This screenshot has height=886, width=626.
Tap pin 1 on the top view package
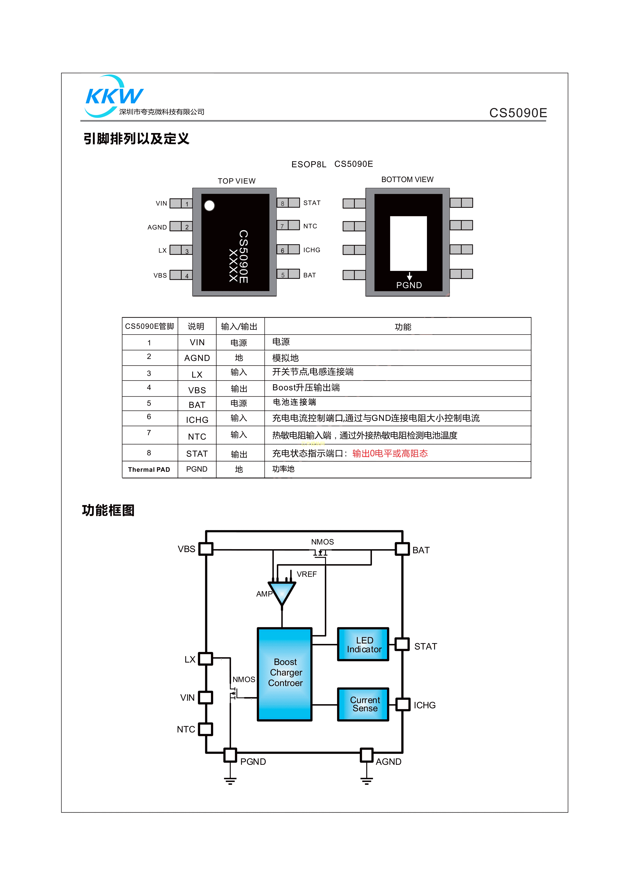coord(181,203)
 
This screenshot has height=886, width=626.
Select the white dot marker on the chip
coord(209,206)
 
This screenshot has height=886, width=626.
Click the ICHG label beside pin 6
coord(311,250)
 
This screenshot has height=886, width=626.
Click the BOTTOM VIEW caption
coord(407,180)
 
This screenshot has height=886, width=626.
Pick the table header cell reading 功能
coord(403,327)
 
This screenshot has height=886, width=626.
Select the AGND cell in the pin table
coord(197,358)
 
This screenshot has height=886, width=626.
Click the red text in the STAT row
coord(390,453)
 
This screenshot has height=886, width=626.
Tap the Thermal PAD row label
coord(149,470)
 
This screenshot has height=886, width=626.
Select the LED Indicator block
coord(363,644)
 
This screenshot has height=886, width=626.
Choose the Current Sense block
coord(363,704)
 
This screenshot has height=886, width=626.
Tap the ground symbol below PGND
coord(230,781)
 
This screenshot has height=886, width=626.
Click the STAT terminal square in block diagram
coord(402,644)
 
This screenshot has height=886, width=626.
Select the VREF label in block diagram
coord(307,574)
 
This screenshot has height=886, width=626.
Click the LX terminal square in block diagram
coord(206,659)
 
